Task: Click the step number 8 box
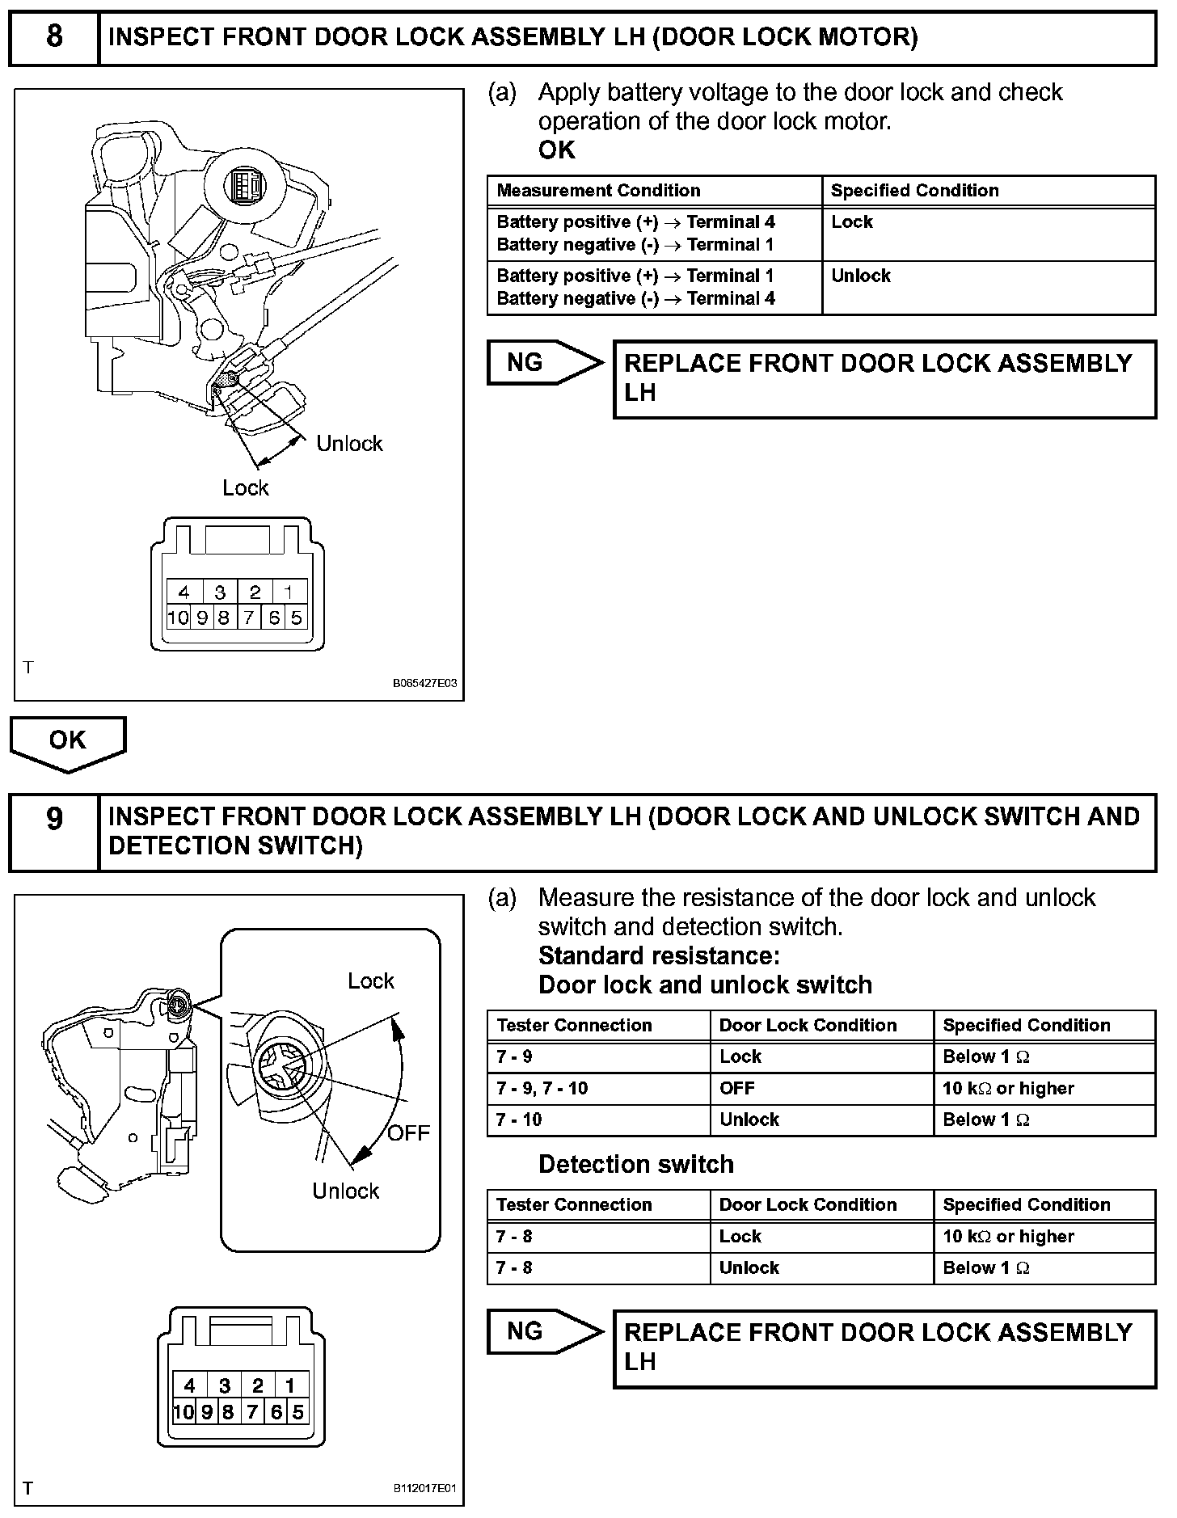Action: (54, 37)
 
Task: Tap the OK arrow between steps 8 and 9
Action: (68, 741)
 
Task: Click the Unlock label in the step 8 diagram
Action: (349, 443)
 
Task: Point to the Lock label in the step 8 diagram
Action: (245, 487)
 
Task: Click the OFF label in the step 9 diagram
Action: (408, 1132)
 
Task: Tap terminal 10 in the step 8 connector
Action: (178, 618)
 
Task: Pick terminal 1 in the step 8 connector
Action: (288, 592)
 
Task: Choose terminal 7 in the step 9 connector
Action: (251, 1412)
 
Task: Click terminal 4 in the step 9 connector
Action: (189, 1385)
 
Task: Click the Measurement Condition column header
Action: (598, 191)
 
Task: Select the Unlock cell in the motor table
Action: (861, 276)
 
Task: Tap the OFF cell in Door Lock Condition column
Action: (736, 1088)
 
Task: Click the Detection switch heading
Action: (636, 1164)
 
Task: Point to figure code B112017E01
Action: (425, 1488)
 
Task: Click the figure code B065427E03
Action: (425, 683)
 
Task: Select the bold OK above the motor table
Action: (557, 150)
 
